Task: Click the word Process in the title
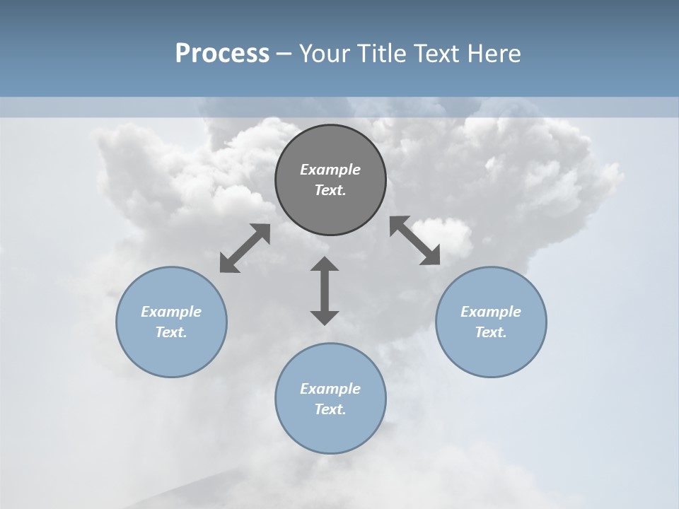coord(222,54)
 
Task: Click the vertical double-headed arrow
coord(325,291)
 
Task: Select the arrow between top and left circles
coord(245,248)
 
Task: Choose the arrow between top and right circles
coord(415,241)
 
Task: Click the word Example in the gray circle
coord(330,170)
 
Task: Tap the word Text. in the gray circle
coord(330,190)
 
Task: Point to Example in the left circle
coord(171,312)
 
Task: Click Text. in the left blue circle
coord(171,332)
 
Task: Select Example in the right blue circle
coord(491,312)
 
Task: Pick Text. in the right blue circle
coord(491,332)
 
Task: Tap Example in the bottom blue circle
coord(330,389)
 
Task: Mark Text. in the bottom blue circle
coord(330,409)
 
